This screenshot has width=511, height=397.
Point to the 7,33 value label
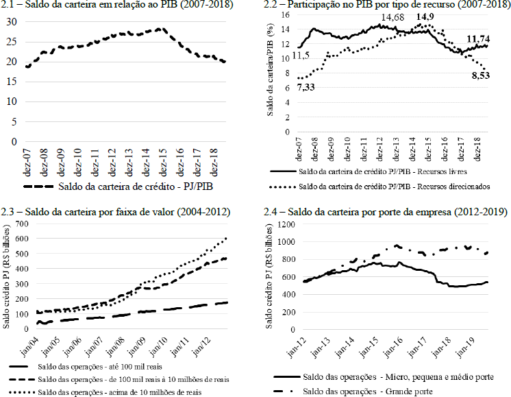(308, 88)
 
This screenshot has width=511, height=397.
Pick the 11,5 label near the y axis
(301, 55)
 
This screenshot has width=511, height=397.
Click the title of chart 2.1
(123, 5)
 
